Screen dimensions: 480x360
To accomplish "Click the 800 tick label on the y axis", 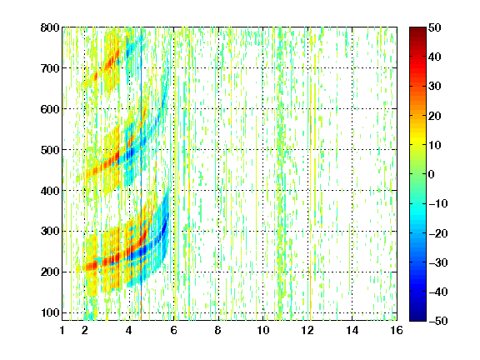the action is point(50,27).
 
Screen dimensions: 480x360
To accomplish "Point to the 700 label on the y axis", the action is point(50,68).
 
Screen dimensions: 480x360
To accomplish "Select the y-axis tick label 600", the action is point(50,109).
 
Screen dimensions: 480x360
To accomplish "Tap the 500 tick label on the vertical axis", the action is point(50,150).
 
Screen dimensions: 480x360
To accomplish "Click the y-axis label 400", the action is point(50,191).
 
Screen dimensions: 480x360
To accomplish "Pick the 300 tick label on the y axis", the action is point(50,232).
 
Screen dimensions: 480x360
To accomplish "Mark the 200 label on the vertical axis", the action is point(50,272).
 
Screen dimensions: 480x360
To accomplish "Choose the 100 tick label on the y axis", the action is point(50,312).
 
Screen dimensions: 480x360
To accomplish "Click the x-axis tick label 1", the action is point(62,330).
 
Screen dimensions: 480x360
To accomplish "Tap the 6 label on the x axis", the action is point(174,330).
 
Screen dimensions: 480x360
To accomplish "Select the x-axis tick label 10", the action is point(263,330).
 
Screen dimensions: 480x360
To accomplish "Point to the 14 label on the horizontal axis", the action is point(352,330).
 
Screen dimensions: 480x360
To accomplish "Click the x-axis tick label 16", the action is point(397,330).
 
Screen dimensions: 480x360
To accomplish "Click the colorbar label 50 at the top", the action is point(435,27).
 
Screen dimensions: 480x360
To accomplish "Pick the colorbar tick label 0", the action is point(432,174).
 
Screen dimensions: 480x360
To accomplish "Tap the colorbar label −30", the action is point(438,262).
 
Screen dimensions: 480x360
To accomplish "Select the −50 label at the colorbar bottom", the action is point(438,321).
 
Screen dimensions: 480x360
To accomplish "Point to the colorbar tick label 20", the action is point(435,116).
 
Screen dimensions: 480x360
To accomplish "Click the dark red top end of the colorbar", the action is point(417,29).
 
